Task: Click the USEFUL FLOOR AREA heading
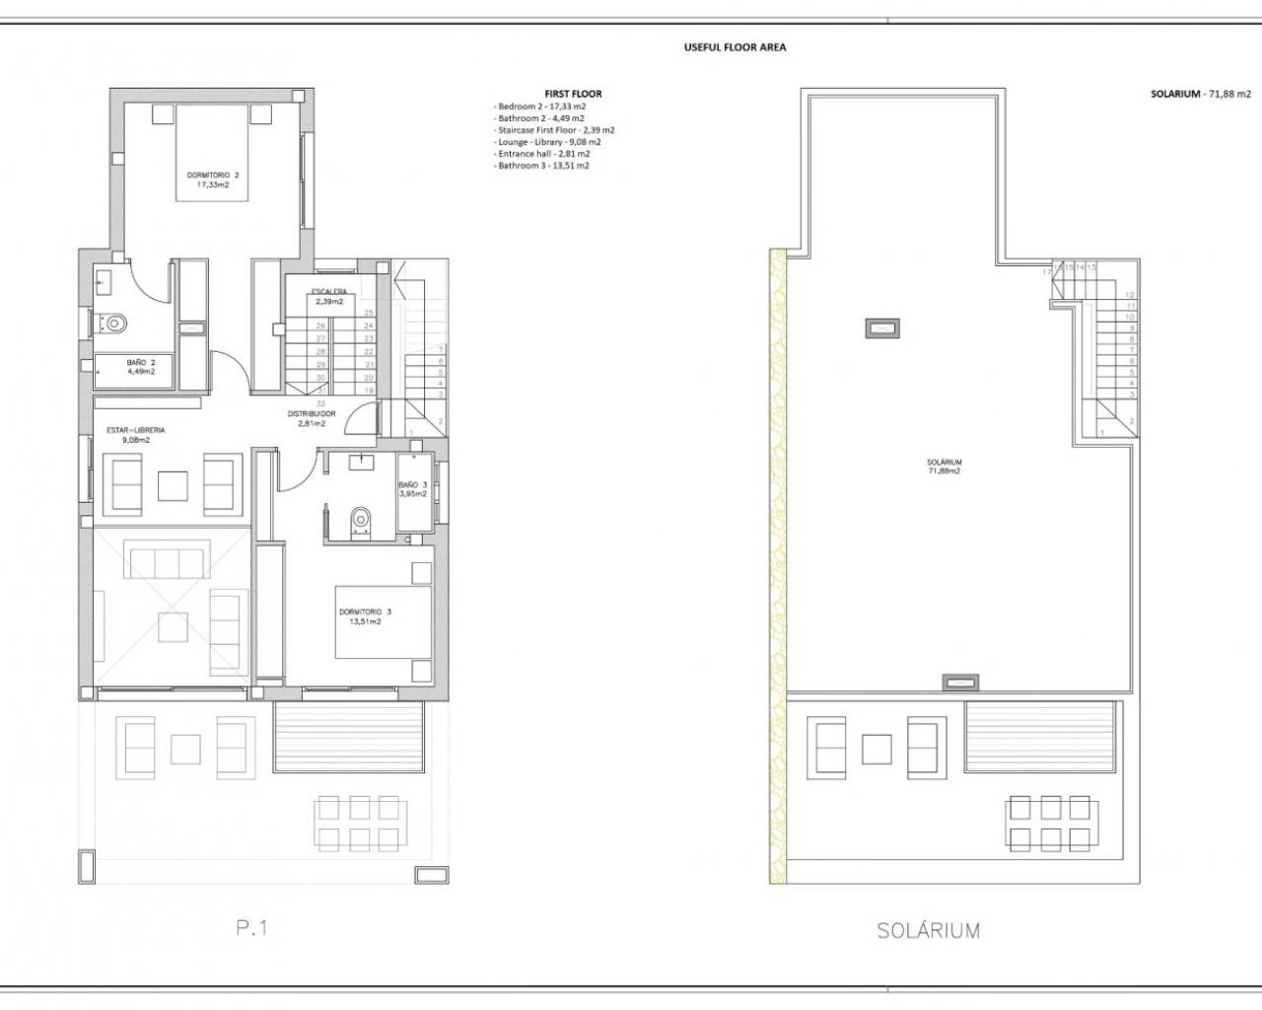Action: (735, 46)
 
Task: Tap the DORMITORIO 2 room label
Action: (213, 180)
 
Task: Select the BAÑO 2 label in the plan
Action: (141, 367)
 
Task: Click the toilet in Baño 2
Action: (113, 322)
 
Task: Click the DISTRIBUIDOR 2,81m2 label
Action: (312, 418)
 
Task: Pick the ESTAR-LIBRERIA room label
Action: (136, 435)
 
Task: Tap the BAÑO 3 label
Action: (412, 489)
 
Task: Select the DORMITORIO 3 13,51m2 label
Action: (360, 616)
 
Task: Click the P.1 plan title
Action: (251, 927)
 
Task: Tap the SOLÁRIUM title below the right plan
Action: (927, 930)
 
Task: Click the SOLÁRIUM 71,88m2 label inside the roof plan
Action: (944, 467)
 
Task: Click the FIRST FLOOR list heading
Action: (573, 94)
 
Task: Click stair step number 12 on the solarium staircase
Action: (1130, 295)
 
